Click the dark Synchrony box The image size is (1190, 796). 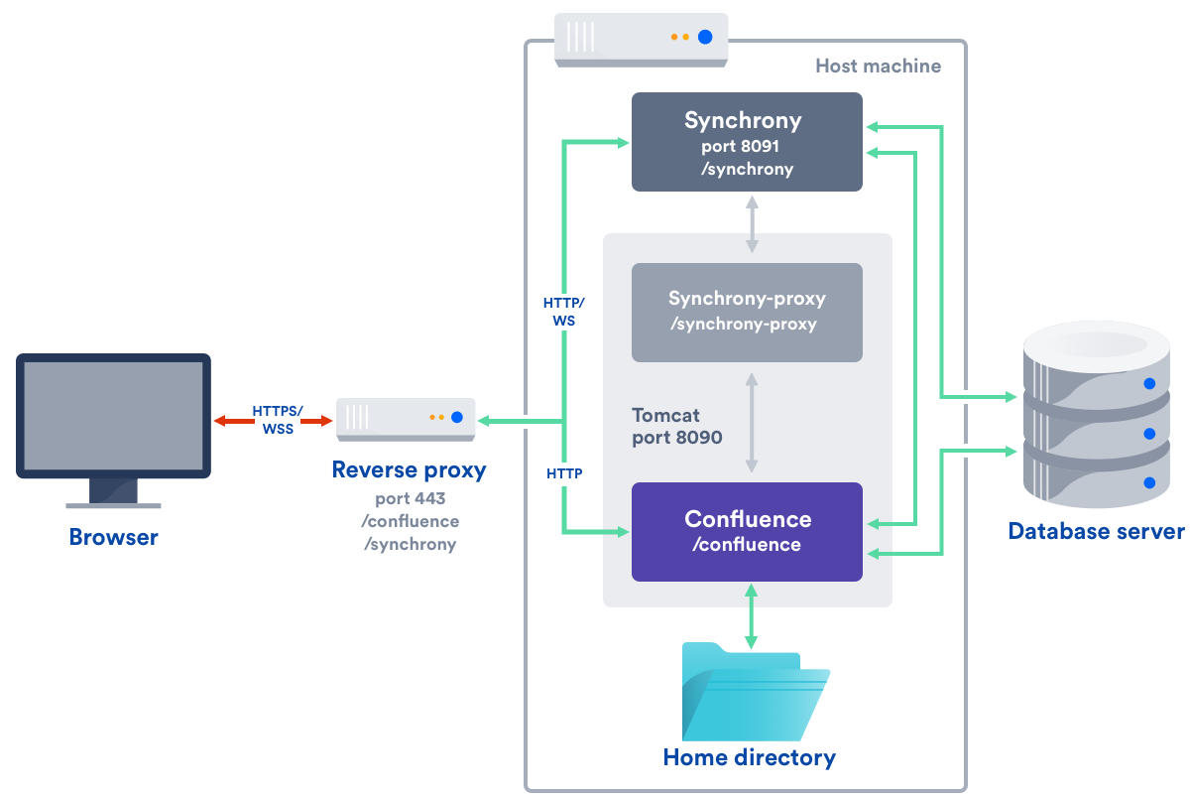pos(747,141)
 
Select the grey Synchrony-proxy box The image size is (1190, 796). pos(747,312)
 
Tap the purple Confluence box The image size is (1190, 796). pos(747,531)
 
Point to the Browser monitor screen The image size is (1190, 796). pos(113,415)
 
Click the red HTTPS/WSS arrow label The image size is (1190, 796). pos(277,420)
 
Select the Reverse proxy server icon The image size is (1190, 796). pos(406,419)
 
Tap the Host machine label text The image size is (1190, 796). pos(878,66)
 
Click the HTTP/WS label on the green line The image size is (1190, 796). pos(564,311)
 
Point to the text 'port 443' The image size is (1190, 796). pos(411,498)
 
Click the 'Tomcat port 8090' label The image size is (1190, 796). pos(677,425)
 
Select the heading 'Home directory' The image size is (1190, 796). pos(749,758)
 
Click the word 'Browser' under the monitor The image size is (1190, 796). pos(113,538)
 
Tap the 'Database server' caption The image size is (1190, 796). pos(1096,531)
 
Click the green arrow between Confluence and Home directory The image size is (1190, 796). pos(751,616)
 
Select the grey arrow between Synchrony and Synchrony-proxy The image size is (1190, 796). pos(752,222)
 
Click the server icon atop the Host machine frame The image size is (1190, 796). pos(641,39)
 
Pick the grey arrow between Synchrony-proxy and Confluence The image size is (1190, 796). pos(752,422)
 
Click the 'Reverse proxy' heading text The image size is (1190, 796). pos(409,469)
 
